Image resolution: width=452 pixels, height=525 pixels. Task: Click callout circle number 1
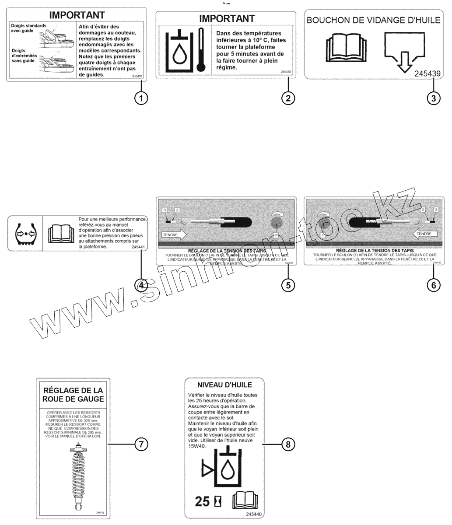(140, 98)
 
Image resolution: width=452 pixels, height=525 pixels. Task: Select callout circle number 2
(287, 98)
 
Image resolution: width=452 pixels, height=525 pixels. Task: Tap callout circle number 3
(433, 98)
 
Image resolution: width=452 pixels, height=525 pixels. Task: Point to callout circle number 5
(287, 285)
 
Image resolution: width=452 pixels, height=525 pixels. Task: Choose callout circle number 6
(433, 285)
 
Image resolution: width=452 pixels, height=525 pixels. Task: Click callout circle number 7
(141, 444)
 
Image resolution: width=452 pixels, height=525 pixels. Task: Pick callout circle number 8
(287, 444)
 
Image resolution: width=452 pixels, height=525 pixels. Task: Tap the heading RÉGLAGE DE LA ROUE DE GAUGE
(73, 394)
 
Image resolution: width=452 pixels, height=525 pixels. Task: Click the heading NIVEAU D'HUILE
(224, 385)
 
